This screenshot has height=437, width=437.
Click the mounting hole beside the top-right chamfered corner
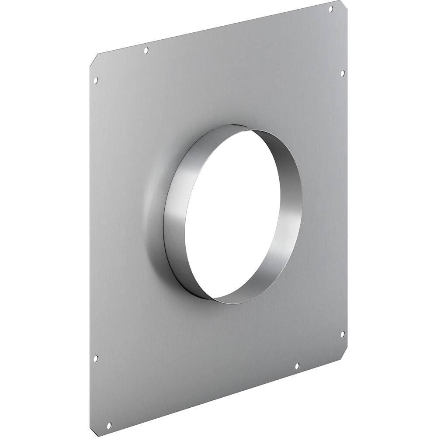pos(330,9)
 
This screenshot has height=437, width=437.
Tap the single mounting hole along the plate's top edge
pos(146,51)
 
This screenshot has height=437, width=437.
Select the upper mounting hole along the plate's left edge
pos(96,80)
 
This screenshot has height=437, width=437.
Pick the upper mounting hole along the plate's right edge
pos(343,73)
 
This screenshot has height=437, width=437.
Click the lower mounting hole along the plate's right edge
pos(342,334)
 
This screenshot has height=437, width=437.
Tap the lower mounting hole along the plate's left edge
pos(96,359)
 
